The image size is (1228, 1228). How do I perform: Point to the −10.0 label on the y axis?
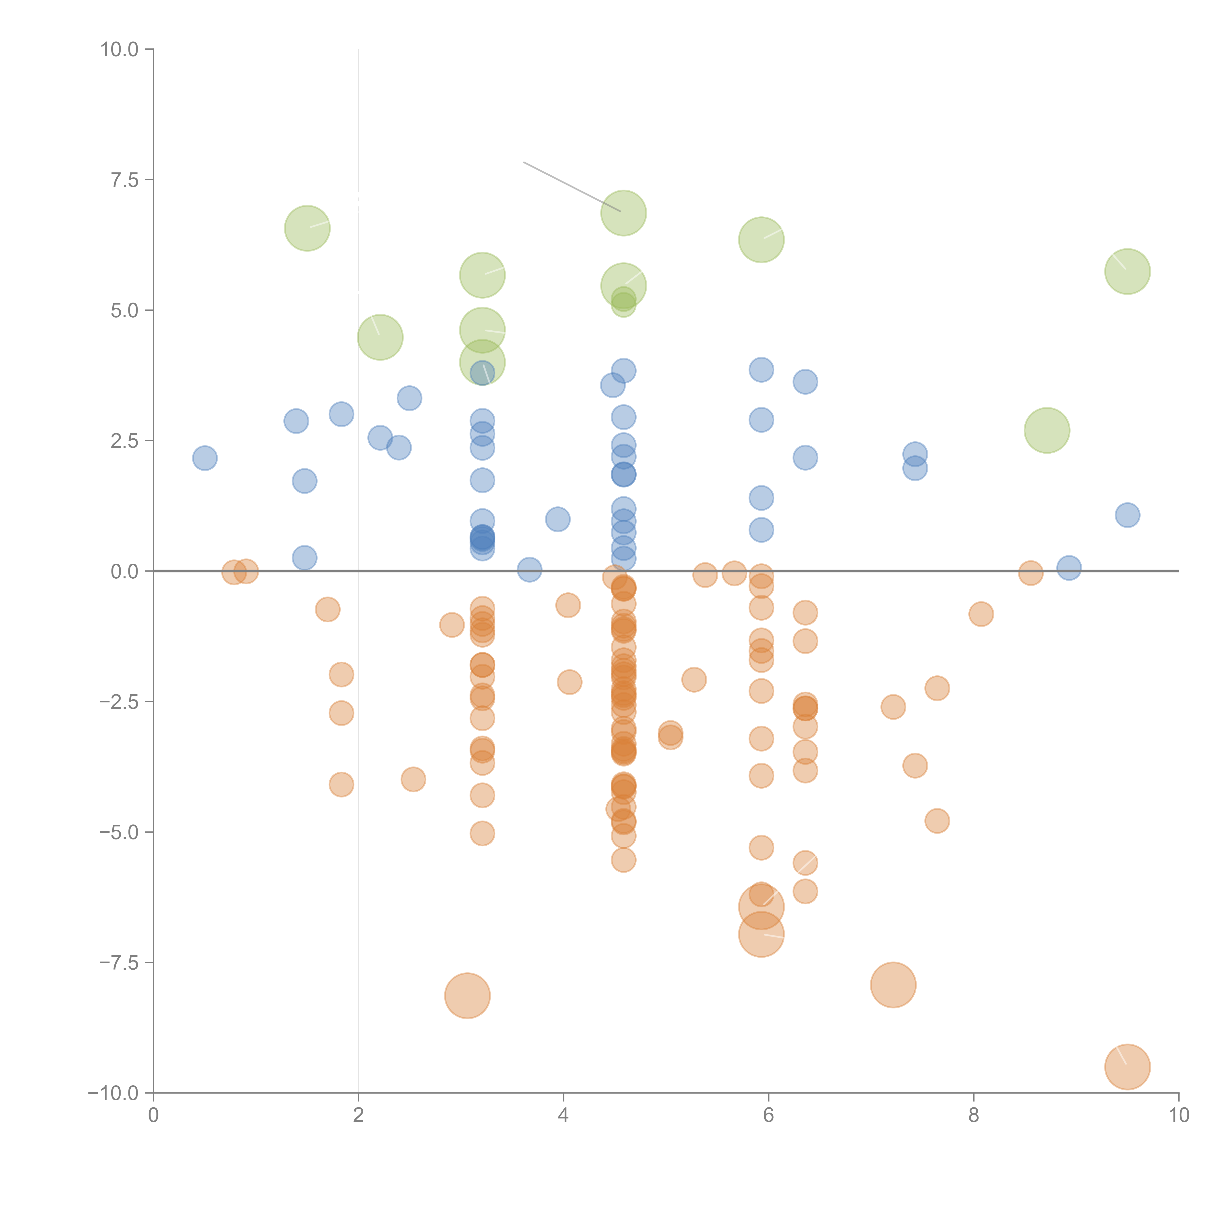[x=113, y=1093]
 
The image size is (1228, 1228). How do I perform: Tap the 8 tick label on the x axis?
[x=974, y=1116]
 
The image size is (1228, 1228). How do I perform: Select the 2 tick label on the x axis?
[x=359, y=1116]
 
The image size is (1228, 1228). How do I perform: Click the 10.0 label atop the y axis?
[x=120, y=50]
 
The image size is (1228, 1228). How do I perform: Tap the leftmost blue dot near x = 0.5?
[x=205, y=458]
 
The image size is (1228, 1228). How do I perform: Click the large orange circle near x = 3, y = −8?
[x=467, y=996]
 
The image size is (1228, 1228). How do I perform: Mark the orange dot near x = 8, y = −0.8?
[x=981, y=614]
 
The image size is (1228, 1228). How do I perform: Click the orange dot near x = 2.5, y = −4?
[x=413, y=779]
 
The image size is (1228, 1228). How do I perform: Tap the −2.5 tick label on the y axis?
[x=120, y=702]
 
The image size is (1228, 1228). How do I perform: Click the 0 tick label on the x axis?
[x=153, y=1116]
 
